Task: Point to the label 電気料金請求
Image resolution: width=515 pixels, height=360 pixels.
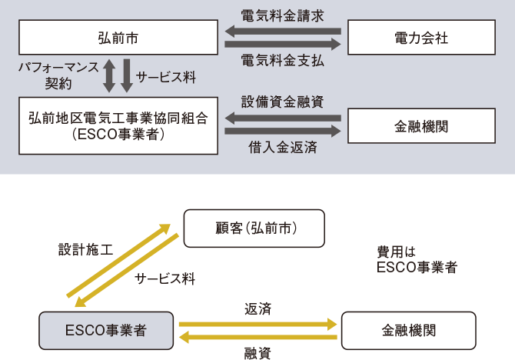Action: (281, 15)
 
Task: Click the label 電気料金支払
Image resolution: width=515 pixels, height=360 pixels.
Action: (281, 61)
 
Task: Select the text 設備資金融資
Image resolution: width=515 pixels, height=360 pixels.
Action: (281, 102)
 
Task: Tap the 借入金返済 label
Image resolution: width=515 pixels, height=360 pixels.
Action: (281, 146)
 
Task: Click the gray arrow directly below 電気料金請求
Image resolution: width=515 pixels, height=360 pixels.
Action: (282, 31)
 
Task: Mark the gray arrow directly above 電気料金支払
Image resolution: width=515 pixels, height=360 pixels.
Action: (282, 45)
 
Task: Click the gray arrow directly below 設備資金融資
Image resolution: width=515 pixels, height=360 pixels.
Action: (282, 118)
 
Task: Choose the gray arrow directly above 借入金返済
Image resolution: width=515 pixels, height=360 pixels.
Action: (282, 132)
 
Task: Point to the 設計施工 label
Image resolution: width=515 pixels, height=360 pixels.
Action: (85, 250)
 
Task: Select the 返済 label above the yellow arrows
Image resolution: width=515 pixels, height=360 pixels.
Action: (257, 309)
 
